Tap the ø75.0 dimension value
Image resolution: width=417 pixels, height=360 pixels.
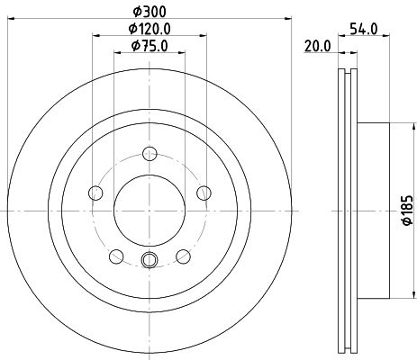[150, 46]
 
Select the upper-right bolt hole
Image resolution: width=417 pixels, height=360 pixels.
[204, 191]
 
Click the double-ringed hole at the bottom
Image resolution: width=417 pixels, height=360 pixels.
[150, 262]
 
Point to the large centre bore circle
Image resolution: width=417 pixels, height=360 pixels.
[150, 208]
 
